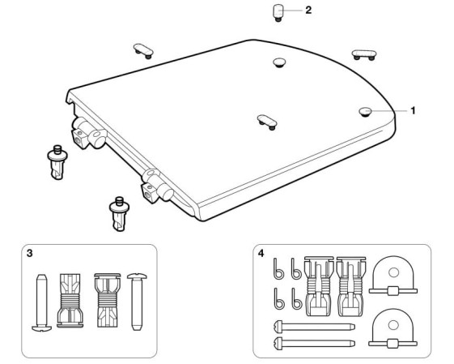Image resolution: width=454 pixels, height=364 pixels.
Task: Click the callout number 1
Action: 413,110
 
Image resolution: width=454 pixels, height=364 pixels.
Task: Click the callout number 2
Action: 308,11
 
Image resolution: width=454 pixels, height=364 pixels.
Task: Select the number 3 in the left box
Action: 29,253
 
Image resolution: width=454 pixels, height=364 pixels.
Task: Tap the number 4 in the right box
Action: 261,253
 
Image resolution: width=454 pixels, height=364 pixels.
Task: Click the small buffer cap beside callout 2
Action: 278,12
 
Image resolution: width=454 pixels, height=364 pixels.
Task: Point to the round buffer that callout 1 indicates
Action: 366,112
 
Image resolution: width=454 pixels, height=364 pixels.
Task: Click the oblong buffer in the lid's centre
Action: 267,122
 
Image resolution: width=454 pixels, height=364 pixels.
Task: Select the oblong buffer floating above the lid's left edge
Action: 143,51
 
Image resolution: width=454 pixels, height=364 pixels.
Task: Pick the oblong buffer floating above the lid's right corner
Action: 364,55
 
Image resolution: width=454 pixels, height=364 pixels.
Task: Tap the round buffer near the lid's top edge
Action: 279,62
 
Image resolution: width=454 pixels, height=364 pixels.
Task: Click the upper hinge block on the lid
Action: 89,133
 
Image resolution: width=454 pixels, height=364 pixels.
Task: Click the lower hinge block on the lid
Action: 157,186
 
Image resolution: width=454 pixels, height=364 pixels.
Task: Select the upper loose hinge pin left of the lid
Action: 57,162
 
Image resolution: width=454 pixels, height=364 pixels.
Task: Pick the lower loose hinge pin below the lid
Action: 119,214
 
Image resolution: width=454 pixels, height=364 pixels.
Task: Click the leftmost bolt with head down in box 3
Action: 42,302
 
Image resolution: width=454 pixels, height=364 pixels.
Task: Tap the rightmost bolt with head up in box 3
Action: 137,302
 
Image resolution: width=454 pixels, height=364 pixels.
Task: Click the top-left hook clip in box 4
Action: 278,268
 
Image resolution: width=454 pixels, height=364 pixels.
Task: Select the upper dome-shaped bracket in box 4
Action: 393,276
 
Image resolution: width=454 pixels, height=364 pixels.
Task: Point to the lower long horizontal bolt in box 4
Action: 314,343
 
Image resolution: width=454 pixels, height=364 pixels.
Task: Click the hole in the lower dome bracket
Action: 393,325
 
